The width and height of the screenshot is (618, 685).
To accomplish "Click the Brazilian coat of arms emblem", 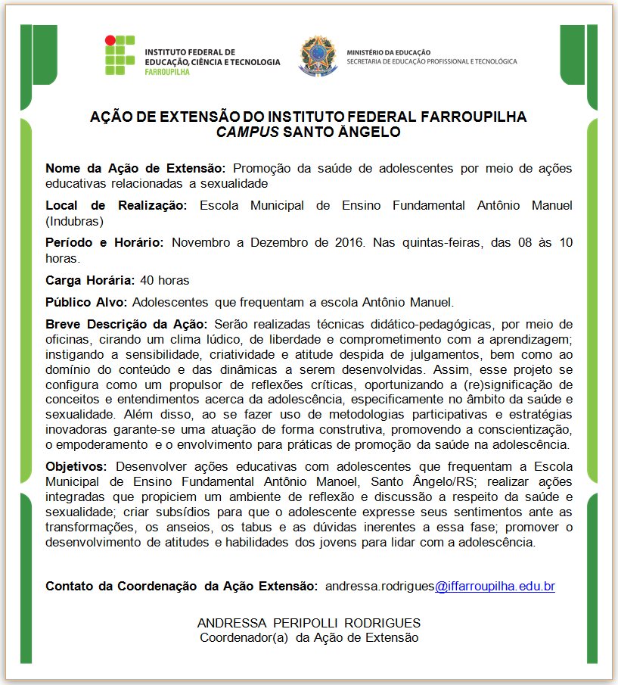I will point(316,54).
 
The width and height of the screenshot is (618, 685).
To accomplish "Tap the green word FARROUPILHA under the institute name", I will point(166,72).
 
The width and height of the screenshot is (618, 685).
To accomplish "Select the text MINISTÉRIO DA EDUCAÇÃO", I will point(388,52).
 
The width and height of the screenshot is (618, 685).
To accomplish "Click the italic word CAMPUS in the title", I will point(247,132).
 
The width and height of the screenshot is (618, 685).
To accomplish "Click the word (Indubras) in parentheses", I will point(74,221).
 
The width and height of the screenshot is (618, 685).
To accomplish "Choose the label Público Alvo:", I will point(87,302).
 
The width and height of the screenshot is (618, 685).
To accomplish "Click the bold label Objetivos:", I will point(76,466).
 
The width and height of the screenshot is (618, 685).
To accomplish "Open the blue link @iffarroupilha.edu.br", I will point(495,586).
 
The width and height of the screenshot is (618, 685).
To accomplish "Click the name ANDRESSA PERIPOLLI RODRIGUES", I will point(309,623).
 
